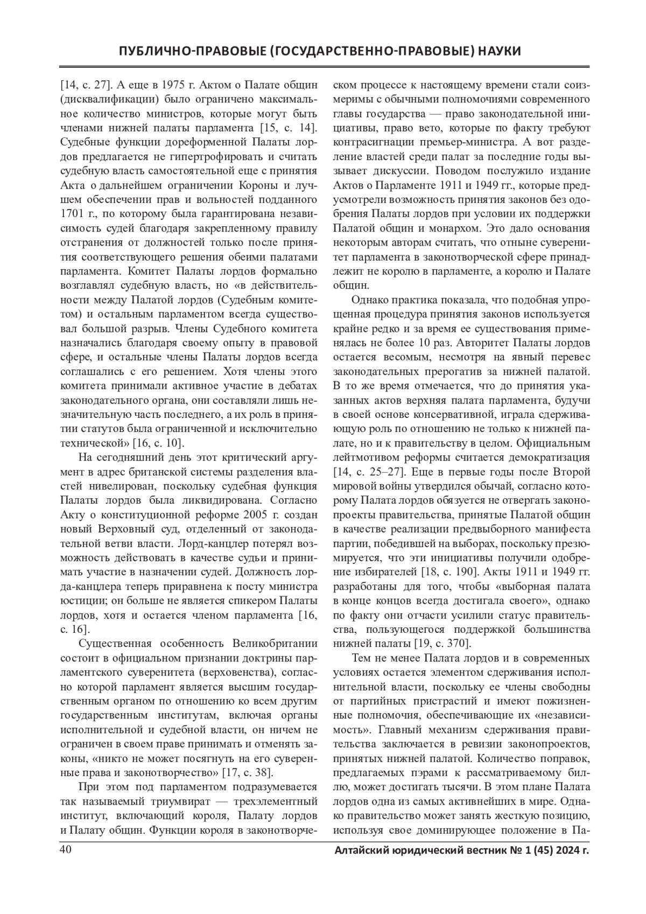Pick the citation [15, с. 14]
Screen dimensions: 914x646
coord(289,128)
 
